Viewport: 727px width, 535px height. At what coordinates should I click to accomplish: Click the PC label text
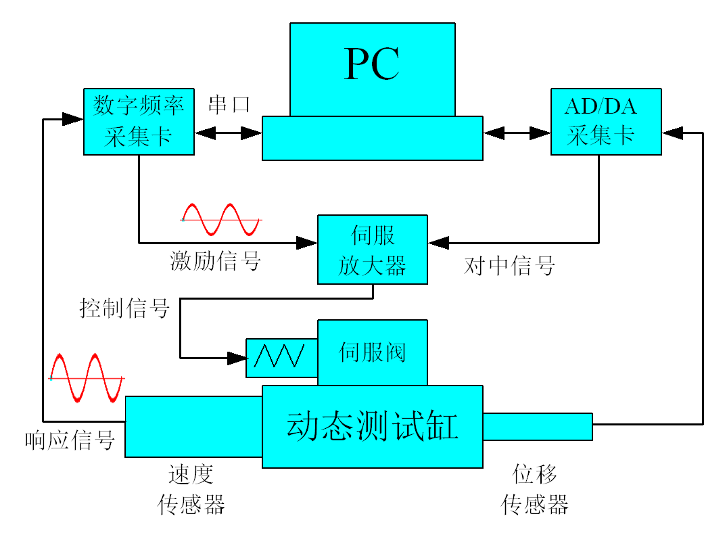[x=372, y=65]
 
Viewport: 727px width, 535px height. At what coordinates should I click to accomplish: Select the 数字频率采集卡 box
[x=139, y=122]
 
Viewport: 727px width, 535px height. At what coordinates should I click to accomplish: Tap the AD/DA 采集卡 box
[x=606, y=122]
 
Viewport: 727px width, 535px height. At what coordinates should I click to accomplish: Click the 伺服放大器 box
[x=373, y=249]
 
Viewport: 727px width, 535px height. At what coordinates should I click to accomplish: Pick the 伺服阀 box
[x=373, y=352]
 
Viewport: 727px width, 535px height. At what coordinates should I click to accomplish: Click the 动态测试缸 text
[x=373, y=427]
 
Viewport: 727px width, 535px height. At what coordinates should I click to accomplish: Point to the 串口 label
[x=229, y=104]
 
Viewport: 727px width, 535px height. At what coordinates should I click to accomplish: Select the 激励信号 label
[x=215, y=260]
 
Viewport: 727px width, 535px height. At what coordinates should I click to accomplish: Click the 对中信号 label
[x=509, y=265]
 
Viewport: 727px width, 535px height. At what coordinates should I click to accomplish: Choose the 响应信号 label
[x=70, y=440]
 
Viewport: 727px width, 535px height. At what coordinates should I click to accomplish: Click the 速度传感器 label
[x=191, y=489]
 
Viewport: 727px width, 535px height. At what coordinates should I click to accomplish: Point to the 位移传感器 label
[x=535, y=489]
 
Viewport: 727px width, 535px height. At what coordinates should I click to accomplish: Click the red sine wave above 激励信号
[x=221, y=219]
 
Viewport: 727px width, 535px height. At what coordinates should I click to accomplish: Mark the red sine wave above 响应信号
[x=87, y=377]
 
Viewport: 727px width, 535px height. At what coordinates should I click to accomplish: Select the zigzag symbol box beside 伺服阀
[x=281, y=357]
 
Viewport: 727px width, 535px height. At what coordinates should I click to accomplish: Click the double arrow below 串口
[x=229, y=133]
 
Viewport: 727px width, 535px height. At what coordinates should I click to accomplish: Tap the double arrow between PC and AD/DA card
[x=517, y=133]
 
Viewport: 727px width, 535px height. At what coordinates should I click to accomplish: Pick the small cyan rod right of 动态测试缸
[x=538, y=426]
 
